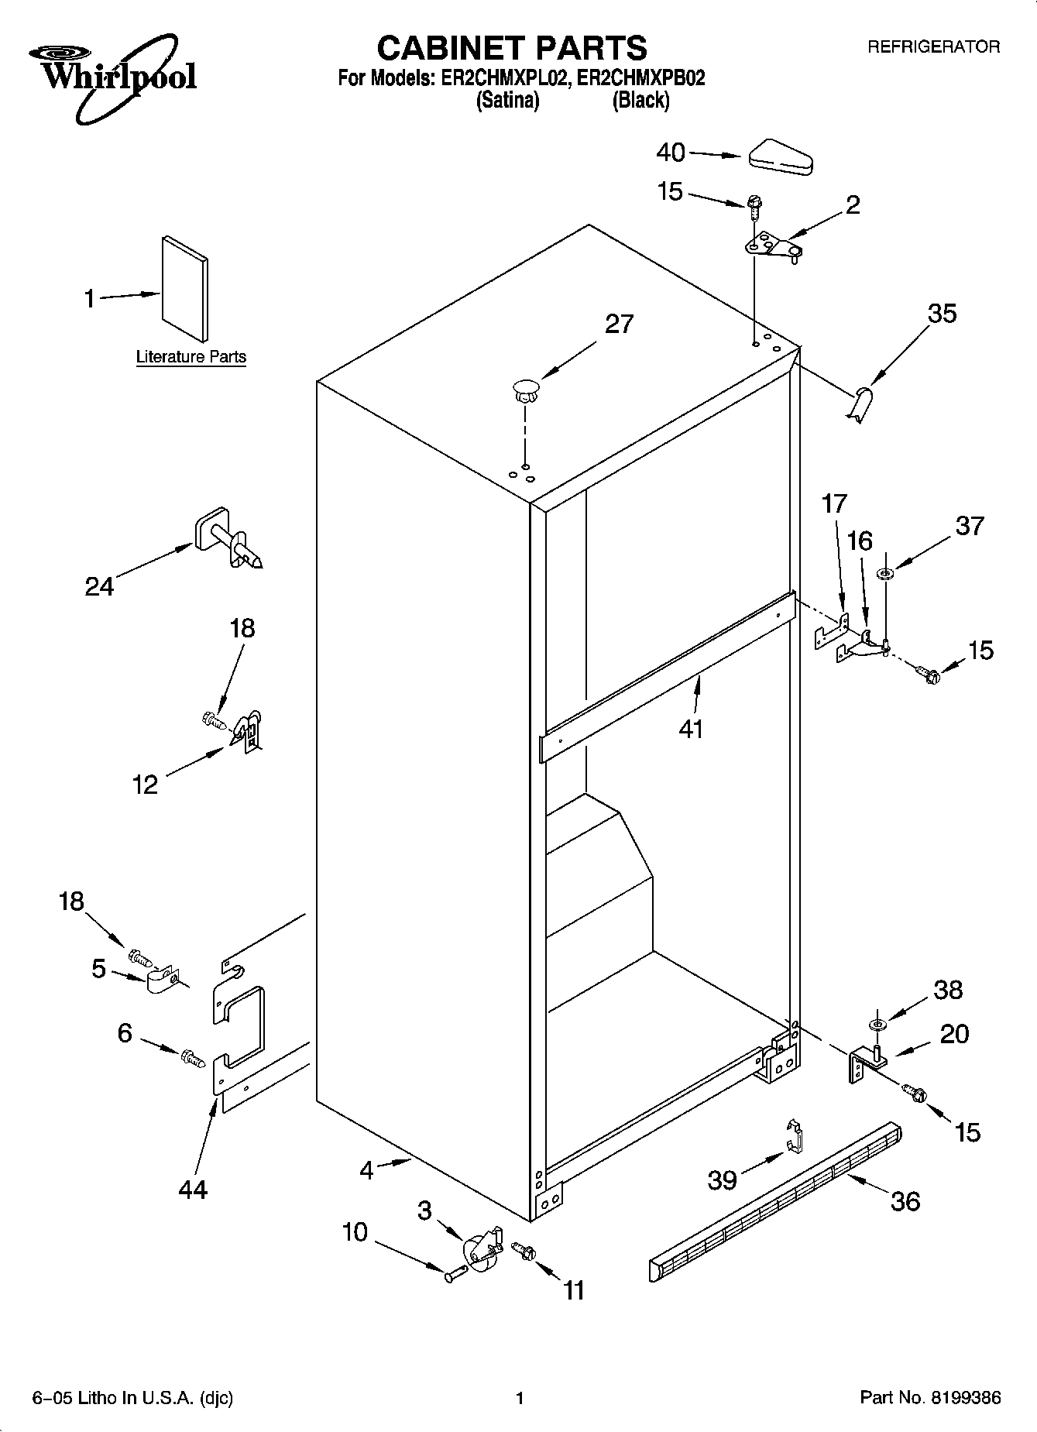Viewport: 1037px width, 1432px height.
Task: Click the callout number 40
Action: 671,153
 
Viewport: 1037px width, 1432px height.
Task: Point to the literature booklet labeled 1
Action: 184,288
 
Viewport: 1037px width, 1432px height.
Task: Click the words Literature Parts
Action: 191,357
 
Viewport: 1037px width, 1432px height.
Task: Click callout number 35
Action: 942,314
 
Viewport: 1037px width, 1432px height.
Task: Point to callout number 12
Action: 145,785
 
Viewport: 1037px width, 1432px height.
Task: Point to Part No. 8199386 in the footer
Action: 930,1398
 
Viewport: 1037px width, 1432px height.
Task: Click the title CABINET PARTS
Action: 511,48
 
